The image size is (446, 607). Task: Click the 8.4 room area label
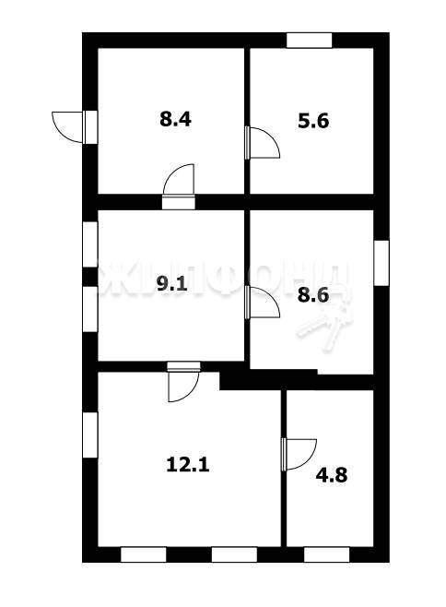click(x=175, y=119)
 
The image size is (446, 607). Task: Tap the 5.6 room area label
click(x=313, y=121)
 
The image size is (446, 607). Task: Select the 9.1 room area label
click(x=171, y=284)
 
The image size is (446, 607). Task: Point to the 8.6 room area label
click(x=313, y=295)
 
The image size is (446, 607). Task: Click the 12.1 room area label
click(x=188, y=464)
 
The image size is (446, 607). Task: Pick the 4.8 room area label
click(x=332, y=475)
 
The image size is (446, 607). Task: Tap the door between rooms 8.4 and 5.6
click(x=263, y=142)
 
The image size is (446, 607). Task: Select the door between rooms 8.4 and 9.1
click(x=179, y=186)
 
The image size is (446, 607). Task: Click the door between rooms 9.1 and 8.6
click(x=263, y=302)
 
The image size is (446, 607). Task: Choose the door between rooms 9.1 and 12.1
click(x=183, y=382)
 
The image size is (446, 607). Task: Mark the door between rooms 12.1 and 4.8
click(x=299, y=455)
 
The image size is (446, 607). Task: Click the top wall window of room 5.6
click(x=309, y=41)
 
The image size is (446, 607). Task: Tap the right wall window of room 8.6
click(x=381, y=263)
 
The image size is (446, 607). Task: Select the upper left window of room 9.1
click(x=90, y=244)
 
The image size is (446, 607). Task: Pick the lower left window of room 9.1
click(x=90, y=309)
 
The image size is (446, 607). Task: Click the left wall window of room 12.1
click(x=90, y=435)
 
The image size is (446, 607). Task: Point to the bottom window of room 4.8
click(x=327, y=554)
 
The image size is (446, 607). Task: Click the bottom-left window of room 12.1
click(x=144, y=554)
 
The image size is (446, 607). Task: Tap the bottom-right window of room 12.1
click(x=234, y=554)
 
